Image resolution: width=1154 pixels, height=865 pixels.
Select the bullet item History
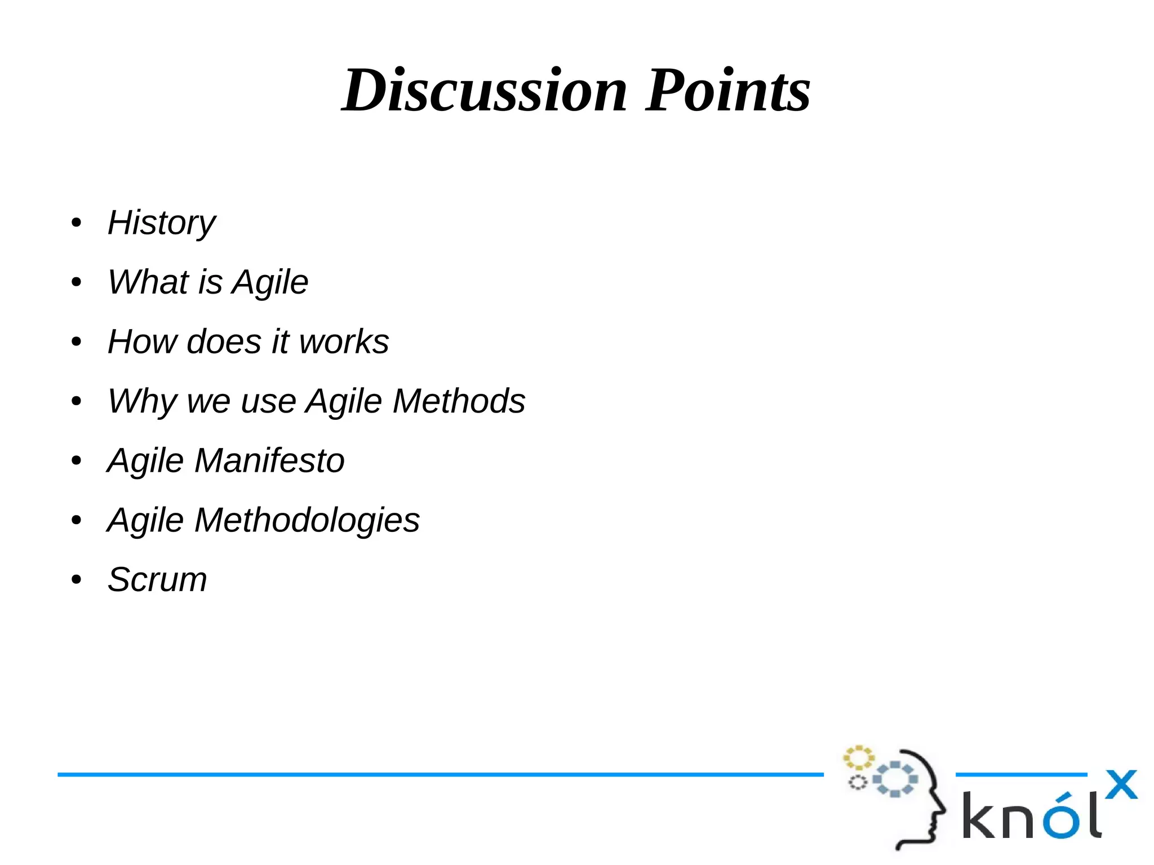coord(161,223)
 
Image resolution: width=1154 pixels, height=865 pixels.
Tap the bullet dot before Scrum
coord(77,579)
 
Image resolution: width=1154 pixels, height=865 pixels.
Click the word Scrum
coord(157,579)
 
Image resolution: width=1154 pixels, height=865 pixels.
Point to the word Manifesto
coord(269,460)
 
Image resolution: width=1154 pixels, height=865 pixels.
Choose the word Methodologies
coord(307,520)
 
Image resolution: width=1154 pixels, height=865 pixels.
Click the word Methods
coord(459,401)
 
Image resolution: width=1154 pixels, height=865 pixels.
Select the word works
coord(344,341)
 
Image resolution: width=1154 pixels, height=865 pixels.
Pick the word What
coord(148,282)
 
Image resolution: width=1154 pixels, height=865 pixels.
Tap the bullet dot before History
coord(77,223)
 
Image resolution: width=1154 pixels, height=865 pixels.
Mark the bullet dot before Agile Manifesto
coord(77,460)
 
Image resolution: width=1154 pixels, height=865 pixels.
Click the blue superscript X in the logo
coord(1121,784)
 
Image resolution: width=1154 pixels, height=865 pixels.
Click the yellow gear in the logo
coord(858,758)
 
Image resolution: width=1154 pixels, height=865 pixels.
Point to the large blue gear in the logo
coord(895,779)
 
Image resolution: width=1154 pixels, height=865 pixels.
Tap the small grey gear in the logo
coord(858,782)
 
